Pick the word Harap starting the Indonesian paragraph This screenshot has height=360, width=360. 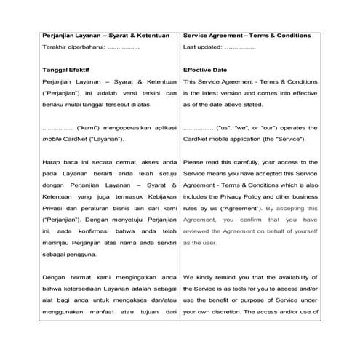(52, 162)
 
